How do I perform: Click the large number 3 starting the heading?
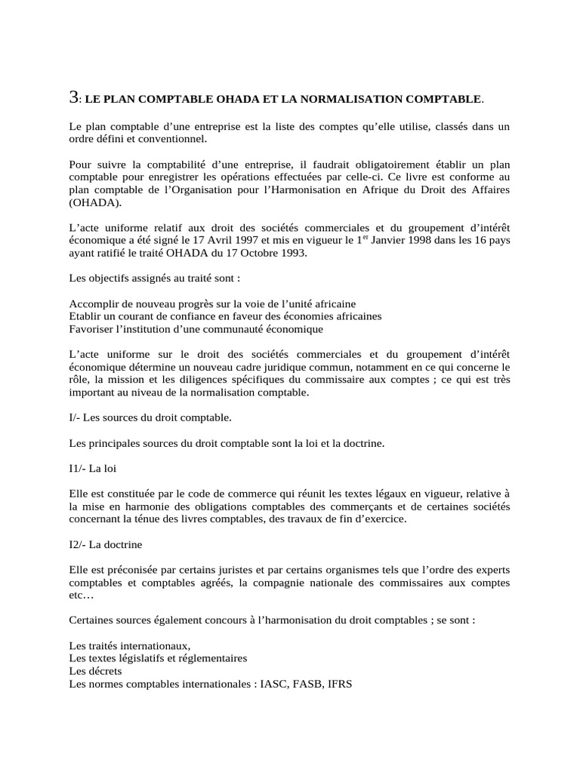pos(73,97)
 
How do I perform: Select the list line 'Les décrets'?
pos(95,670)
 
